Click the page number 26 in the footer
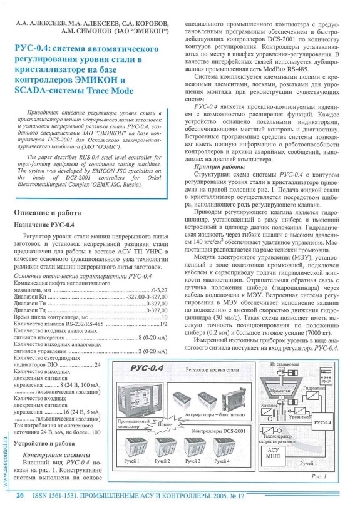21,512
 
